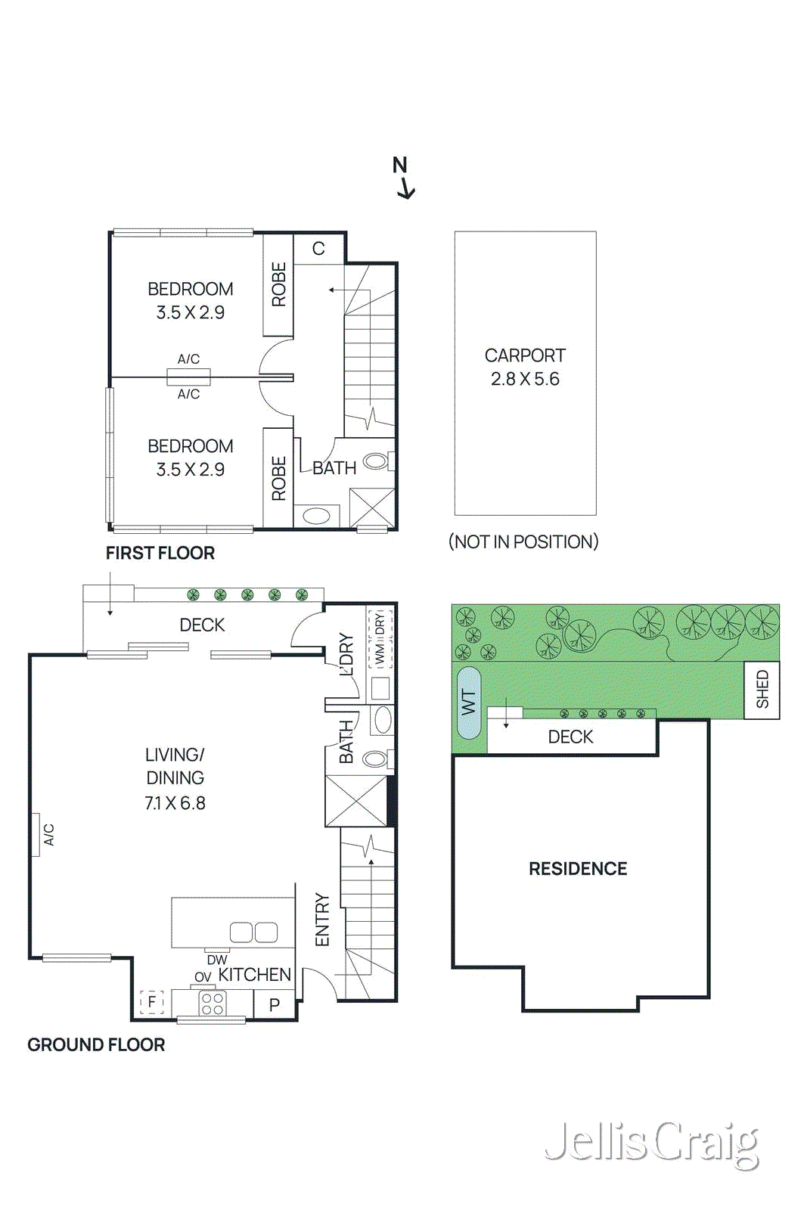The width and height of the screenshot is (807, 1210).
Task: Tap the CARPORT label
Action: [x=524, y=355]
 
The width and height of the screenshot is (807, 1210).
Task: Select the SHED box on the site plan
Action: [x=762, y=690]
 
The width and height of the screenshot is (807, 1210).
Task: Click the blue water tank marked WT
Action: [x=468, y=703]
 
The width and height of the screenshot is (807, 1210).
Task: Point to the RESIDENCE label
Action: [x=578, y=869]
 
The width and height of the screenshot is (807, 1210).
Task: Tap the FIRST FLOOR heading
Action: [x=160, y=553]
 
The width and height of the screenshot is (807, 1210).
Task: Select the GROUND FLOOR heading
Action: [x=96, y=1044]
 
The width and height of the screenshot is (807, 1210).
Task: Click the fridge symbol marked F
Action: [x=152, y=1002]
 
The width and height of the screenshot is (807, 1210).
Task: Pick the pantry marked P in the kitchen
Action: [x=275, y=1005]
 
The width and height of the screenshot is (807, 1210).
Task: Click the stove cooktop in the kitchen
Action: [x=213, y=1004]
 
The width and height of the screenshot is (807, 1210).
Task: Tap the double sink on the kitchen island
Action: [x=254, y=932]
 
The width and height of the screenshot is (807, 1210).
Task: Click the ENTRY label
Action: [x=322, y=920]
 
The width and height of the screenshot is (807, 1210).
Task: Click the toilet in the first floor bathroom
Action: [x=378, y=461]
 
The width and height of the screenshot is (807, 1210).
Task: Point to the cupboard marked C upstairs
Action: [x=318, y=249]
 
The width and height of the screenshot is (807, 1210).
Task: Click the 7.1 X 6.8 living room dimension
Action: [x=175, y=803]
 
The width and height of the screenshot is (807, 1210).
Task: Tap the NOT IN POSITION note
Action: [x=523, y=541]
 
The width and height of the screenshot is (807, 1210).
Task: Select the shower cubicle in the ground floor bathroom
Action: [x=356, y=801]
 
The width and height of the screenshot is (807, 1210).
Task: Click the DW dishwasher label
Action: [x=217, y=960]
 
